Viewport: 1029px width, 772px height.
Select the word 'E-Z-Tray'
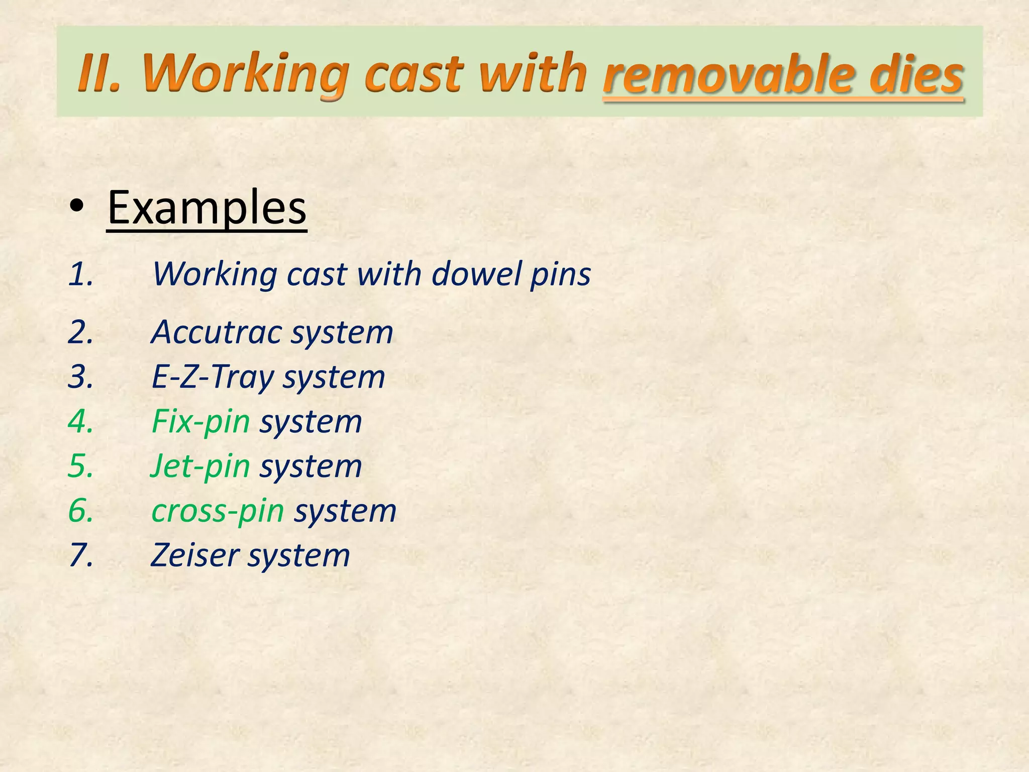(x=213, y=377)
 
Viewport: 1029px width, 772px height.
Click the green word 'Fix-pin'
(x=200, y=421)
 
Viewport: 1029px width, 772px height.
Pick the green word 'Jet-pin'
(x=200, y=466)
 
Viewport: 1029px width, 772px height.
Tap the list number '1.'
(x=81, y=274)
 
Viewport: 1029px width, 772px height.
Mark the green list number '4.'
(x=81, y=421)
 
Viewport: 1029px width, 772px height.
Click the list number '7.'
(x=81, y=555)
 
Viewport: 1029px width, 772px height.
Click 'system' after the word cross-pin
(x=345, y=512)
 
